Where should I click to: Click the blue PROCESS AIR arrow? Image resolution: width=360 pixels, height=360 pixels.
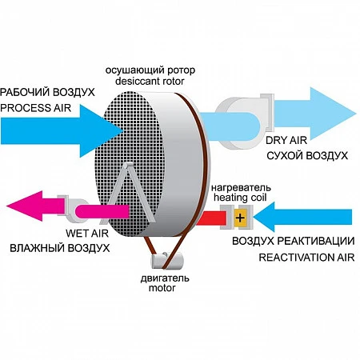click(62, 130)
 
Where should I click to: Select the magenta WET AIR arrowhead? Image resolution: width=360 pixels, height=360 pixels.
click(25, 206)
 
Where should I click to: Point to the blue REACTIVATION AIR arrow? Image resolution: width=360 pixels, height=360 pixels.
click(302, 217)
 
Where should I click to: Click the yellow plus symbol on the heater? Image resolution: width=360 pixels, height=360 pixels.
click(240, 218)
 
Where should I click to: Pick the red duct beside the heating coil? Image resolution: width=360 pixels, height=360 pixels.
click(211, 218)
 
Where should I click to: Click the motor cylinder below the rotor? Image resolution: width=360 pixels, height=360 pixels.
click(167, 261)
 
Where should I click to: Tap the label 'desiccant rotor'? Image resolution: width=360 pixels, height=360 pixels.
click(150, 81)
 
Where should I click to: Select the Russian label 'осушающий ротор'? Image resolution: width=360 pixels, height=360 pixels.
click(150, 70)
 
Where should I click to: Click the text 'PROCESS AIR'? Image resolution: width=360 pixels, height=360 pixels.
click(36, 108)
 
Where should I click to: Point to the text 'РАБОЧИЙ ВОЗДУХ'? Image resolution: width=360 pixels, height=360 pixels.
click(47, 92)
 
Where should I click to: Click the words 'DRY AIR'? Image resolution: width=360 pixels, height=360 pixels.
click(286, 140)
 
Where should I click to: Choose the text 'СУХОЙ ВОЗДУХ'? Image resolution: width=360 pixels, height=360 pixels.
click(307, 155)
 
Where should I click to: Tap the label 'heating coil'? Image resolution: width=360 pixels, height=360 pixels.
click(240, 198)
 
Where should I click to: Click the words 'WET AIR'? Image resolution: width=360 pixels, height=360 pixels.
click(87, 234)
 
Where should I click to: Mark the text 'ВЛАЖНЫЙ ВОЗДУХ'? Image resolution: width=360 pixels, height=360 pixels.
click(60, 248)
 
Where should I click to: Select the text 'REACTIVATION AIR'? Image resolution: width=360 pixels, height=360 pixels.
click(306, 258)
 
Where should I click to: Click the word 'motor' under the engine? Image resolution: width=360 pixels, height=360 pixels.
click(162, 288)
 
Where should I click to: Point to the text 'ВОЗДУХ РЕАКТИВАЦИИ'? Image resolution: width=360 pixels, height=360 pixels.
click(294, 241)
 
